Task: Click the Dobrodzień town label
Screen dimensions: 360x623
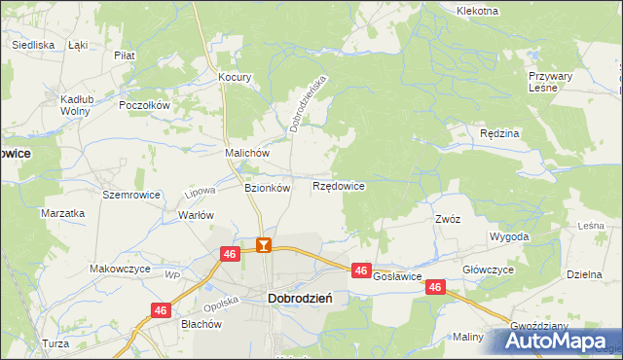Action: pyautogui.click(x=300, y=301)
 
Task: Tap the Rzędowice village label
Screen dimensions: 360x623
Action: pyautogui.click(x=339, y=185)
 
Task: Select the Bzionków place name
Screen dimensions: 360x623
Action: pyautogui.click(x=267, y=189)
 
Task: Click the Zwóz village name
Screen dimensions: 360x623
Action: pyautogui.click(x=448, y=220)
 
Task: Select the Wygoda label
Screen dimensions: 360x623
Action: pyautogui.click(x=509, y=236)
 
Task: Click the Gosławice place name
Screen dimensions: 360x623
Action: pyautogui.click(x=397, y=276)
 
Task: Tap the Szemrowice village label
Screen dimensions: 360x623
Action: pyautogui.click(x=126, y=195)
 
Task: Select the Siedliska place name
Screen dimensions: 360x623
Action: pyautogui.click(x=32, y=45)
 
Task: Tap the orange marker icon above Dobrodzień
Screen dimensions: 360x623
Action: pyautogui.click(x=263, y=245)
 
